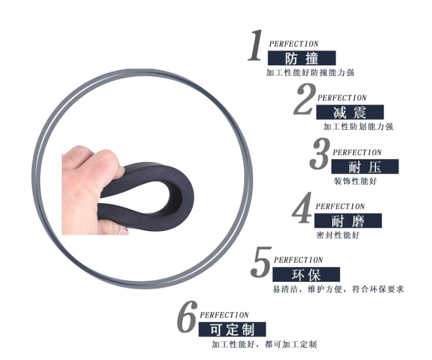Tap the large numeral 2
pyautogui.click(x=304, y=99)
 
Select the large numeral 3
pyautogui.click(x=319, y=154)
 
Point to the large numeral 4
pyautogui.click(x=302, y=208)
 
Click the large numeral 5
pyautogui.click(x=261, y=262)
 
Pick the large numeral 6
pyautogui.click(x=187, y=316)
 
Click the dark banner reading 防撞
pyautogui.click(x=301, y=58)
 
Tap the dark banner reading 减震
pyautogui.click(x=350, y=112)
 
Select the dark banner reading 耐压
pyautogui.click(x=365, y=167)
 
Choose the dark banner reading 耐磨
pyautogui.click(x=348, y=221)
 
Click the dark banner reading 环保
pyautogui.click(x=307, y=274)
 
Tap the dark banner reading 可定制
pyautogui.click(x=232, y=329)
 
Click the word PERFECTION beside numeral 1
pyautogui.click(x=294, y=44)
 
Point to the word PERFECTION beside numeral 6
pyautogui.click(x=224, y=315)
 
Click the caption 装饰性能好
pyautogui.click(x=356, y=181)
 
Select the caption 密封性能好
pyautogui.click(x=338, y=235)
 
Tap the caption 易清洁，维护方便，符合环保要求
pyautogui.click(x=338, y=290)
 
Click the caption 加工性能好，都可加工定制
pyautogui.click(x=264, y=344)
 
